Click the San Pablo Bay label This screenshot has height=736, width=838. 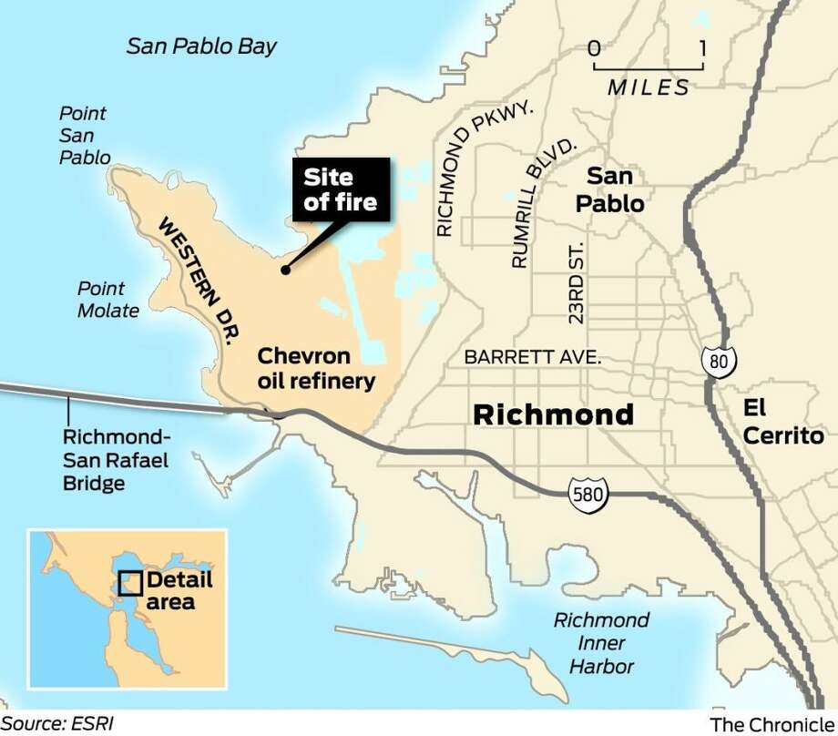(201, 46)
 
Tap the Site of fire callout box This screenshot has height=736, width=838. (341, 189)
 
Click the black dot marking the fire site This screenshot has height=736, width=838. (285, 270)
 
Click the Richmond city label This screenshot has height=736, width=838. (553, 415)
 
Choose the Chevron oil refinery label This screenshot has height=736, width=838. (316, 367)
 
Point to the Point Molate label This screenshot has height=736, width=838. (108, 299)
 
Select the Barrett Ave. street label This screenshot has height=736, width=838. (533, 358)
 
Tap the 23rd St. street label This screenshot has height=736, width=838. (575, 288)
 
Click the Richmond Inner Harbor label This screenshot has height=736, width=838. (602, 643)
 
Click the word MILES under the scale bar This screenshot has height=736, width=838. (649, 87)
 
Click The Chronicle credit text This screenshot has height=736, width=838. (771, 724)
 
